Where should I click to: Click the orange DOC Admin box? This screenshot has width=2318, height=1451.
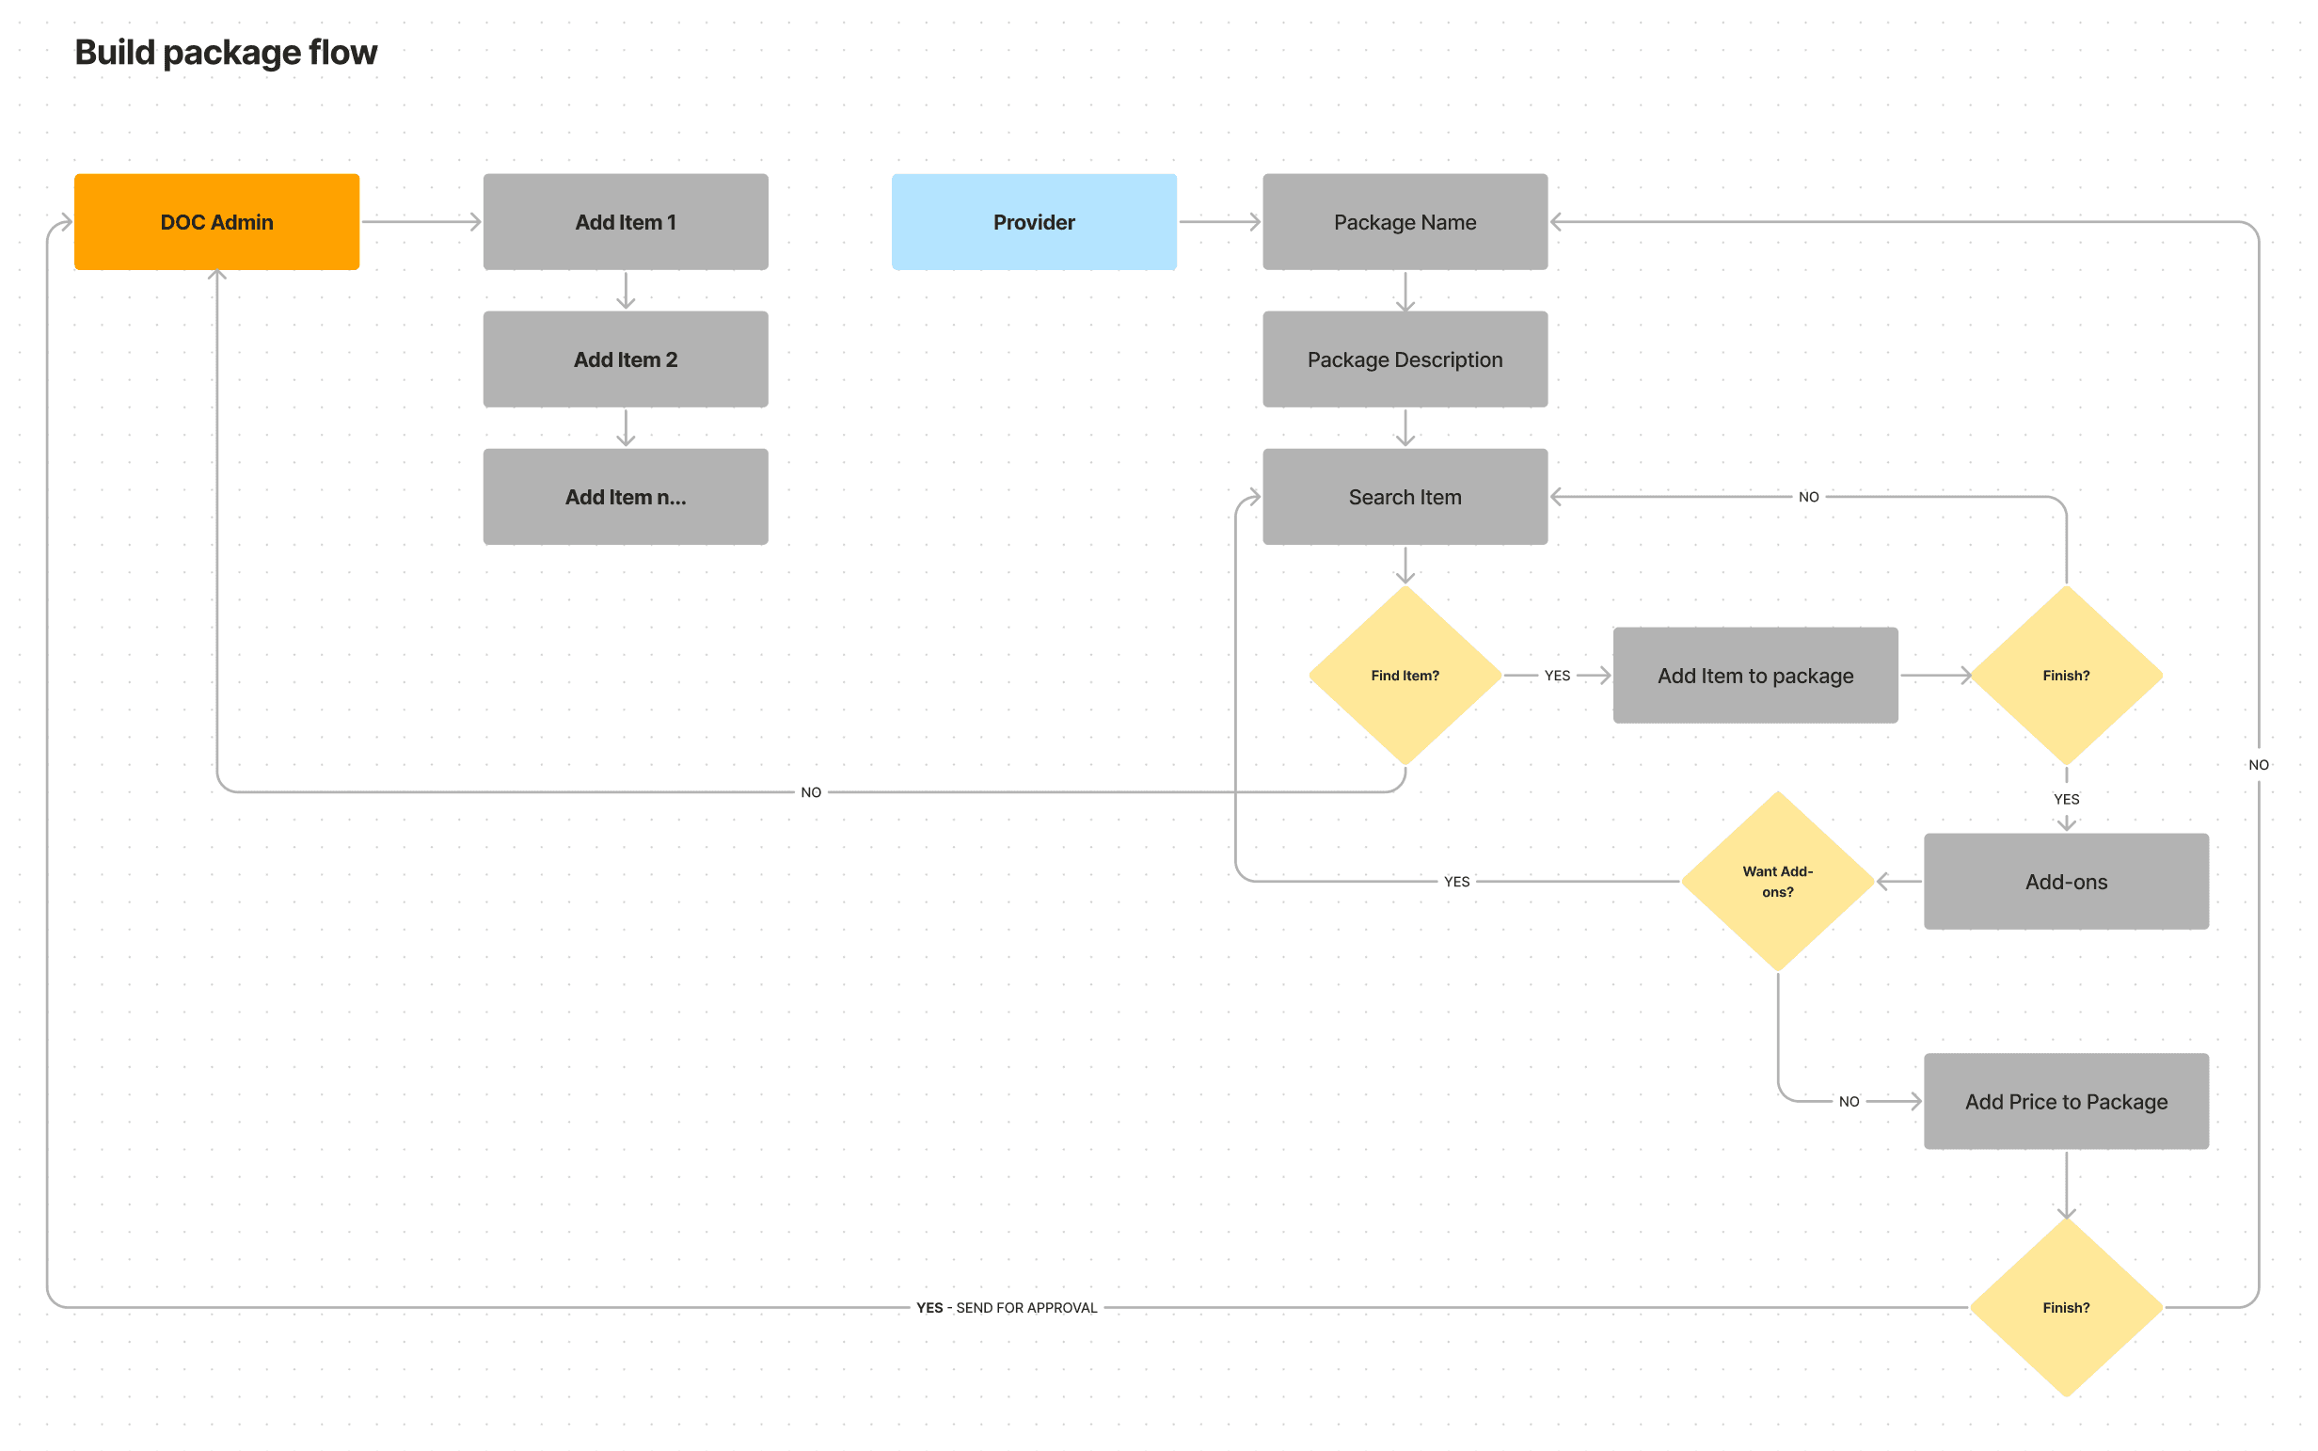tap(216, 222)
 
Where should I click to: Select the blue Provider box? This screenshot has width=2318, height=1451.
tap(1033, 222)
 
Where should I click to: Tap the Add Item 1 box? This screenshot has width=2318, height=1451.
tap(626, 222)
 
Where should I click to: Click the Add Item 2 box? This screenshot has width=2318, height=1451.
tap(626, 359)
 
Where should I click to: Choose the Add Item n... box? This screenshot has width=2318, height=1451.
tap(626, 496)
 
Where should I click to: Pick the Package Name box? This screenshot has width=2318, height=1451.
tap(1405, 222)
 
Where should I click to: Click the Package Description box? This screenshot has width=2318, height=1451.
tap(1405, 359)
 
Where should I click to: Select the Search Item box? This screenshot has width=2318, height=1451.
tap(1405, 496)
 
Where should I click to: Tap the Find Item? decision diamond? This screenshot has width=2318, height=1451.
tap(1405, 675)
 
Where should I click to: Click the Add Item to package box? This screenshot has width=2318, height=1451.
tap(1754, 675)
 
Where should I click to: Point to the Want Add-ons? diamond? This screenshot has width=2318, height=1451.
tap(1778, 881)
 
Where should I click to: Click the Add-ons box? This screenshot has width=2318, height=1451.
tap(2066, 881)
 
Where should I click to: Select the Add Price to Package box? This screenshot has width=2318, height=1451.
tap(2066, 1101)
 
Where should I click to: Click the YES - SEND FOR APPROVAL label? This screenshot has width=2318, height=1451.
tap(1007, 1307)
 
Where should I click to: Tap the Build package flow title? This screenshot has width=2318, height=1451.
tap(226, 52)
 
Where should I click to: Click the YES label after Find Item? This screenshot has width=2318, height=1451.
tap(1557, 676)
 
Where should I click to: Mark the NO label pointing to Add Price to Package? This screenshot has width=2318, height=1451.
tap(1849, 1101)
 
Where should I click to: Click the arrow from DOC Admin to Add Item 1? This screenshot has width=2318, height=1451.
tap(421, 222)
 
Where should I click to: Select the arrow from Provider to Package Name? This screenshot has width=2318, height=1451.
tap(1218, 222)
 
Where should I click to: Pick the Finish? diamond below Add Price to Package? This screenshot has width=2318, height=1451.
tap(2066, 1307)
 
